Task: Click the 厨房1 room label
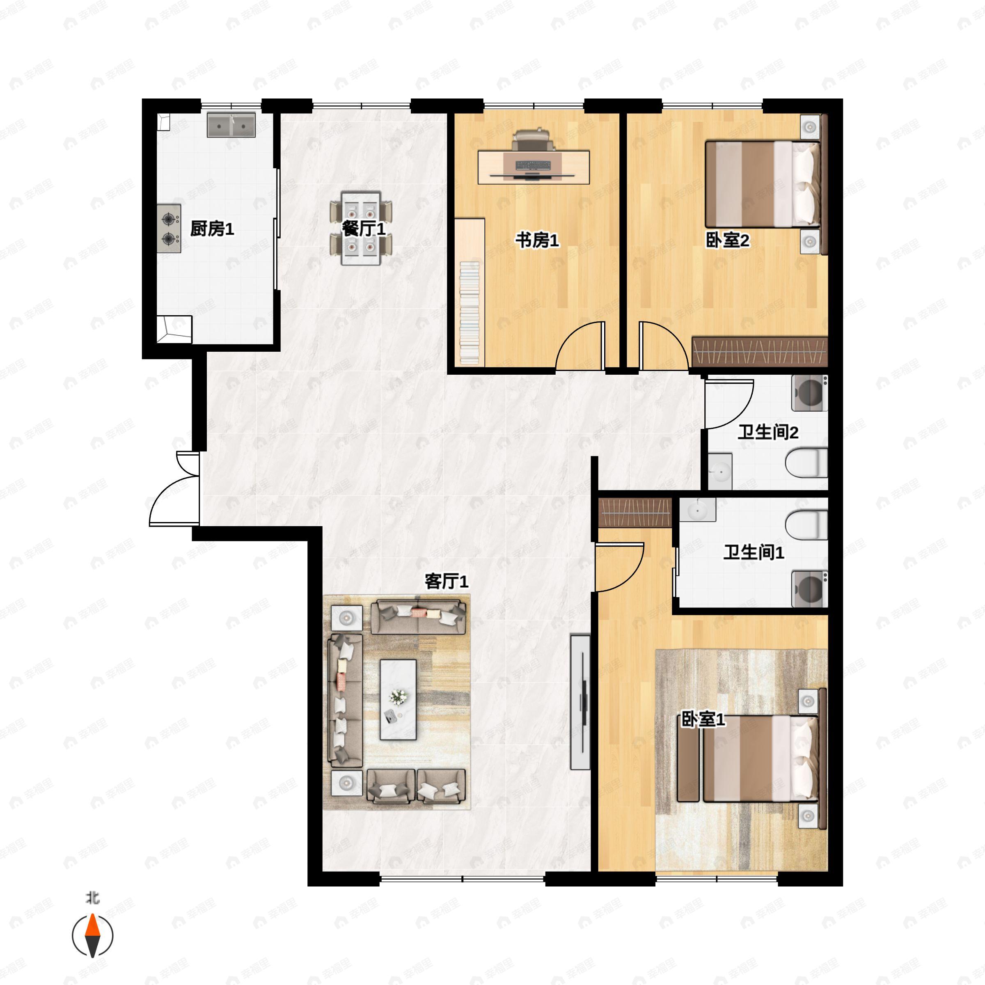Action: click(212, 229)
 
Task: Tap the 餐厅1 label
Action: click(364, 229)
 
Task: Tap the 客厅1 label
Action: click(446, 581)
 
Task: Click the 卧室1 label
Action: click(703, 720)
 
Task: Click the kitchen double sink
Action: click(231, 125)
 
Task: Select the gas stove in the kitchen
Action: click(169, 229)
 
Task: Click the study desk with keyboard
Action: click(533, 167)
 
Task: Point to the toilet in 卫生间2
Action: click(806, 463)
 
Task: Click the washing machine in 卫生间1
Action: click(809, 589)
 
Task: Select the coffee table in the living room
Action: click(398, 699)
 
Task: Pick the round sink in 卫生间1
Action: click(697, 509)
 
